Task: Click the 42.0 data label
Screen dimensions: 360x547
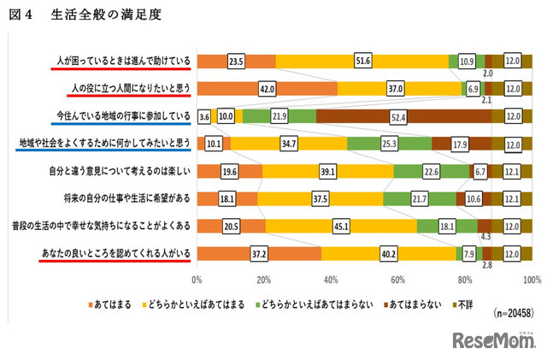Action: pyautogui.click(x=268, y=89)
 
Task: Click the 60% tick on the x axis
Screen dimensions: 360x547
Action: pyautogui.click(x=398, y=280)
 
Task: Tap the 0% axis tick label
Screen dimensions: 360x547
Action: pyautogui.click(x=197, y=280)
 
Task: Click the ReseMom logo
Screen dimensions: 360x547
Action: pyautogui.click(x=494, y=342)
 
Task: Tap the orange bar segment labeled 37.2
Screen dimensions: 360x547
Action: pyautogui.click(x=259, y=254)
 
